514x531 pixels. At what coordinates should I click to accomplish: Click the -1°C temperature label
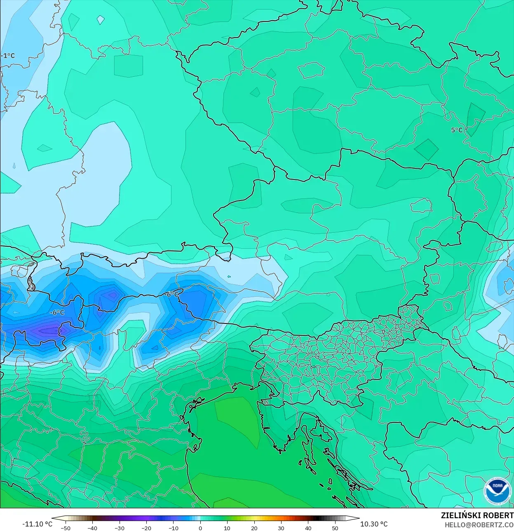[x=8, y=55]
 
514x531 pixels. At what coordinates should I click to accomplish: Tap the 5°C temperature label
[x=457, y=130]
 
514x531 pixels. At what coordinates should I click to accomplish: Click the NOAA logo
[x=498, y=492]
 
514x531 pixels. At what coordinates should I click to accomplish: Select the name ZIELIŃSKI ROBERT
[x=477, y=515]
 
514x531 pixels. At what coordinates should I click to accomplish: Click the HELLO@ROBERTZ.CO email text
[x=479, y=525]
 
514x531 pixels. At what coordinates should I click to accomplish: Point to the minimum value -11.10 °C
[x=37, y=524]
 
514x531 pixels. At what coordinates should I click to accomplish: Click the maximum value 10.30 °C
[x=374, y=524]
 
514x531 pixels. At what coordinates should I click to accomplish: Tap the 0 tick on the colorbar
[x=200, y=528]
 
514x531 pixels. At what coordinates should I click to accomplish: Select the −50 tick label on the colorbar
[x=66, y=528]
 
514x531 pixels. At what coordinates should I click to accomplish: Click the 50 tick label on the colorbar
[x=335, y=528]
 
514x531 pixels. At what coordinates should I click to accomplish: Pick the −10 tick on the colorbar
[x=174, y=528]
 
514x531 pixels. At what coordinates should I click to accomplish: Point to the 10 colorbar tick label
[x=227, y=528]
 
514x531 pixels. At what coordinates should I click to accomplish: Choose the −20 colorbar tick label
[x=146, y=528]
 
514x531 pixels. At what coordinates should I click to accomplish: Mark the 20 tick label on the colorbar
[x=254, y=528]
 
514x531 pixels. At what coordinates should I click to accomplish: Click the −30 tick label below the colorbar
[x=120, y=528]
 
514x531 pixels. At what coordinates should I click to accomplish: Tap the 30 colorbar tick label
[x=281, y=528]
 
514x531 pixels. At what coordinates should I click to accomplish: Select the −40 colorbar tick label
[x=92, y=528]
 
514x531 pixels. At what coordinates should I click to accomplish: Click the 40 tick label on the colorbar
[x=308, y=528]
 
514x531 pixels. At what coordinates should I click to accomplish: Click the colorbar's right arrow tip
[x=359, y=519]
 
